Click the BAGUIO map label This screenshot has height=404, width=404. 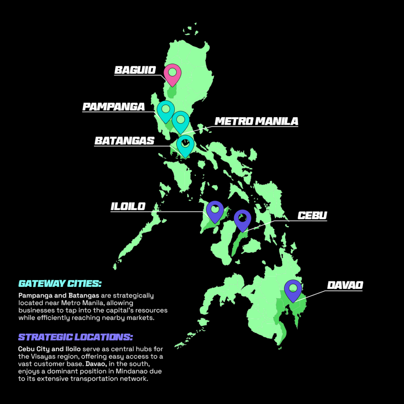pos(135,70)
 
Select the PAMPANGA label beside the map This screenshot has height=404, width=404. pos(113,107)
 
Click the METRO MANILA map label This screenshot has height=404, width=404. pos(256,121)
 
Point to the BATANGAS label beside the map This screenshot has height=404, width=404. pos(124,141)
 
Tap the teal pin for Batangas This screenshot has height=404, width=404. pos(185,144)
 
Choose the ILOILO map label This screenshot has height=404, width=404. pos(128,206)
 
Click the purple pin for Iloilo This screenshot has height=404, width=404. pos(215,210)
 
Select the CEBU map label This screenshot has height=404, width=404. pos(312,216)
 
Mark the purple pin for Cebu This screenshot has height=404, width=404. pos(243,219)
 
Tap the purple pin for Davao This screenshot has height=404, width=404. pos(293,290)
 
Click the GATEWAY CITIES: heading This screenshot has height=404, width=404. pos(60,284)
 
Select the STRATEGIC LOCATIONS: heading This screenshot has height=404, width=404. pos(75,337)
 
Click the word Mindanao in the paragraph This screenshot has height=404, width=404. pos(131,372)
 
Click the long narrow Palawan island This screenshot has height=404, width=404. pos(138,237)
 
